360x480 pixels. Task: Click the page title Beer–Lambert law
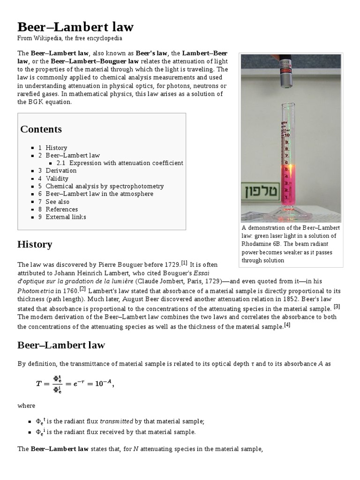pyautogui.click(x=75, y=26)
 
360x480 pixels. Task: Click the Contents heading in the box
pyautogui.click(x=41, y=129)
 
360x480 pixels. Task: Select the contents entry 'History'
pyautogui.click(x=56, y=148)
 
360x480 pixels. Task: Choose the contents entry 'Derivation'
pyautogui.click(x=61, y=171)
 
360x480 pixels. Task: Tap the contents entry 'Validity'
pyautogui.click(x=57, y=179)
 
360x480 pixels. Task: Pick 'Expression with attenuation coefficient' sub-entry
pyautogui.click(x=126, y=163)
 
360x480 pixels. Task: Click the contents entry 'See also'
pyautogui.click(x=57, y=202)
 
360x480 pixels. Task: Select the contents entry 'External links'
pyautogui.click(x=66, y=217)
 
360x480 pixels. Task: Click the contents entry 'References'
pyautogui.click(x=61, y=209)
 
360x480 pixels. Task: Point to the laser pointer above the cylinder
pyautogui.click(x=285, y=72)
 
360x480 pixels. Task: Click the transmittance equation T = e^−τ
pyautogui.click(x=75, y=383)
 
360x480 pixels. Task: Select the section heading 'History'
pyautogui.click(x=35, y=245)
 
